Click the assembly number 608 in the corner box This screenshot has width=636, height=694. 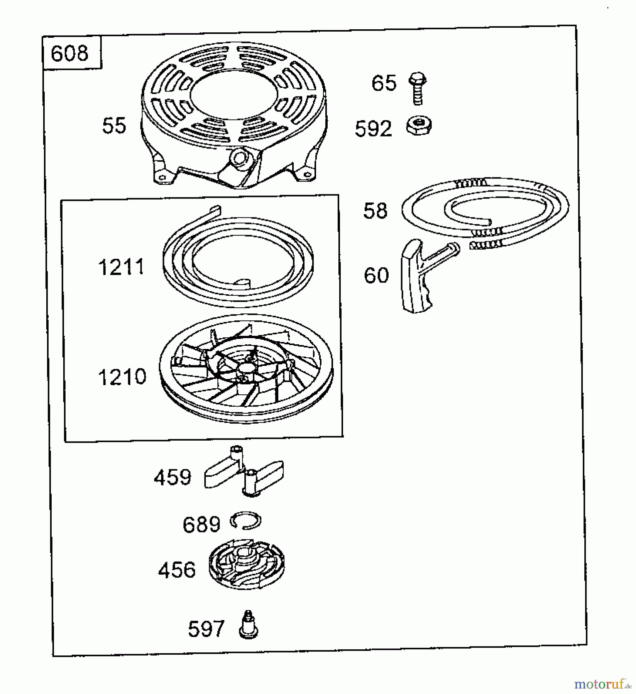coord(69,53)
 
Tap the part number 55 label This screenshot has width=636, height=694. coord(114,126)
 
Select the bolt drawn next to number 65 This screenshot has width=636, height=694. coord(417,88)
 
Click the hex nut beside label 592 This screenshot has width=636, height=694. coord(419,126)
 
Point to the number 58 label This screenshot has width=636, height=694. coord(375,211)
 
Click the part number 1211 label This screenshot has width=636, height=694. coord(121,267)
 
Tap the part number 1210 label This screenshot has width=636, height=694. coord(122,377)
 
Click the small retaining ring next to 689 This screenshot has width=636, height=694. coord(245,522)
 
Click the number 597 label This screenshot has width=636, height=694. coord(206,629)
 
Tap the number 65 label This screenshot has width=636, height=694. coord(384,83)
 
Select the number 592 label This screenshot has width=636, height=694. coord(373,129)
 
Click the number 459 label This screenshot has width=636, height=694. coord(173,478)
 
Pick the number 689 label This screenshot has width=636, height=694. coord(201,525)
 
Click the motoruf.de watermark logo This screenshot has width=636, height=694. coord(602,684)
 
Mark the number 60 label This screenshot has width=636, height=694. coord(376,275)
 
